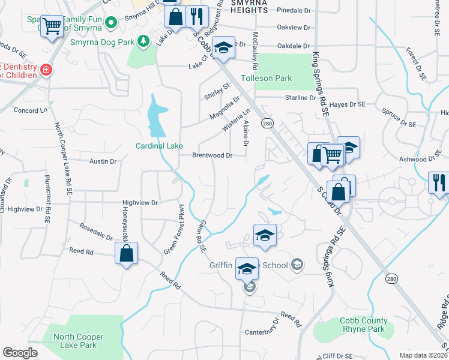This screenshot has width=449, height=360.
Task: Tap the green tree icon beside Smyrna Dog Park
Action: pyautogui.click(x=143, y=41)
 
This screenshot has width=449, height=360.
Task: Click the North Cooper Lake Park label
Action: pyautogui.click(x=79, y=341)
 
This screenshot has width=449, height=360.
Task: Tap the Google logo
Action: pyautogui.click(x=20, y=353)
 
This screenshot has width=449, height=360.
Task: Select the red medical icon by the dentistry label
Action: pyautogui.click(x=45, y=71)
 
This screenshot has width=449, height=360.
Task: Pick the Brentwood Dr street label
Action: pyautogui.click(x=212, y=155)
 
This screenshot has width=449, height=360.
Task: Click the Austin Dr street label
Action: pyautogui.click(x=103, y=161)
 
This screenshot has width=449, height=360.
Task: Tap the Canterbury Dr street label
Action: pyautogui.click(x=264, y=332)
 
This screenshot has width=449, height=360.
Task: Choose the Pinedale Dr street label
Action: pyautogui.click(x=294, y=10)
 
